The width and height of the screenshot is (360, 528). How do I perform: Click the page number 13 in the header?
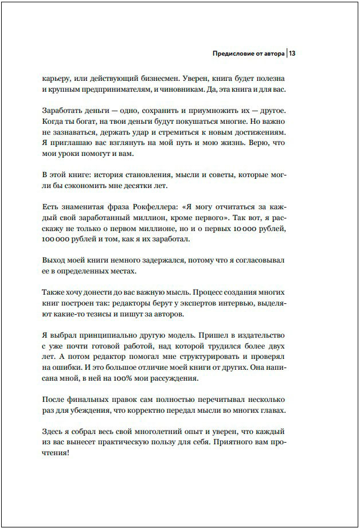(292, 54)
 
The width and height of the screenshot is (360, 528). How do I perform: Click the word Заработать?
(63, 111)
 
